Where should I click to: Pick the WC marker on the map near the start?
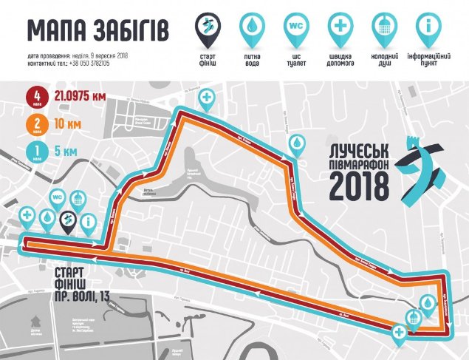pos(58,199)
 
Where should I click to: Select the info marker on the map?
pos(89,220)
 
